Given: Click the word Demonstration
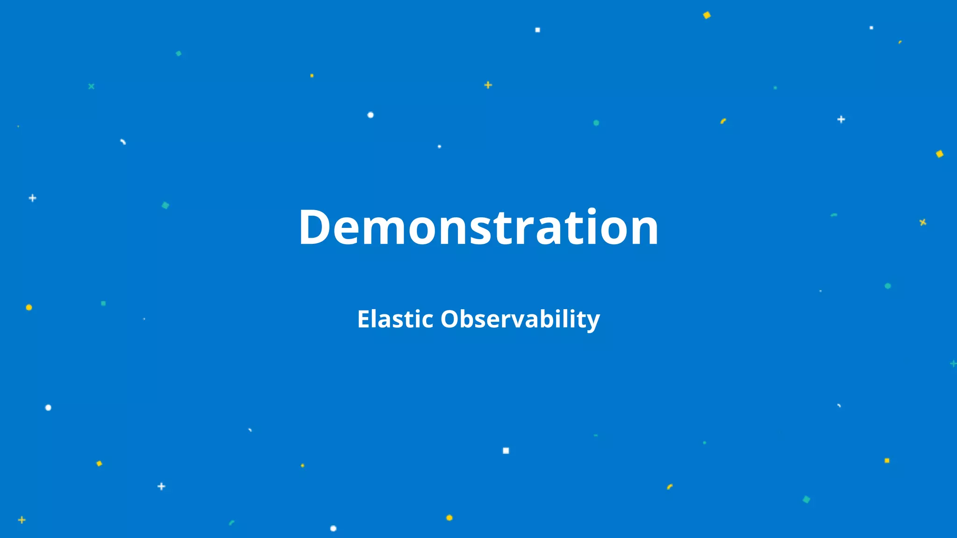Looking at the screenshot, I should [x=478, y=227].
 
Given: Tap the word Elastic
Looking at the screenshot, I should [x=395, y=319].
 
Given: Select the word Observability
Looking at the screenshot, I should [x=520, y=319].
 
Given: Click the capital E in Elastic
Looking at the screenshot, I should [x=364, y=319].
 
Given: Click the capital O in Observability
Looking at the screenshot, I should [x=450, y=319].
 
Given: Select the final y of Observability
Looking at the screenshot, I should [x=593, y=323].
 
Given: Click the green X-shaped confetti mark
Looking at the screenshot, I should [x=91, y=86].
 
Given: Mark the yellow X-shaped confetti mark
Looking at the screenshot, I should [x=922, y=222].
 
